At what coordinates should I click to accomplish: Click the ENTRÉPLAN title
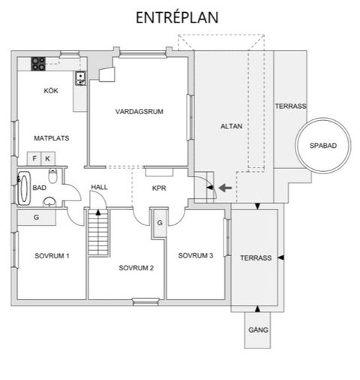[x=177, y=17]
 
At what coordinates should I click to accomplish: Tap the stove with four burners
[x=38, y=64]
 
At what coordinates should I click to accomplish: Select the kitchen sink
[x=80, y=78]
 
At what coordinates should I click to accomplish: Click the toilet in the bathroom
[x=52, y=176]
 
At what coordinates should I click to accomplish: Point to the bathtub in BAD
[x=24, y=188]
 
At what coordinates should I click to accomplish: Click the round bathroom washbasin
[x=49, y=201]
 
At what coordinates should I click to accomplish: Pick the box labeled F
[x=34, y=158]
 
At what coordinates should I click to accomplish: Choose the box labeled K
[x=48, y=158]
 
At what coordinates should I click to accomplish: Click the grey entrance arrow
[x=225, y=188]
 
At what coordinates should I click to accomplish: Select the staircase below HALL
[x=98, y=232]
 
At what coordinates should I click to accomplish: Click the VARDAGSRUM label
[x=139, y=111]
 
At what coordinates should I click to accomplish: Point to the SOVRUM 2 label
[x=136, y=268]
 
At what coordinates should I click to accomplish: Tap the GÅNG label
[x=258, y=330]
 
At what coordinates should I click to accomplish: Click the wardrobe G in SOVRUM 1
[x=37, y=217]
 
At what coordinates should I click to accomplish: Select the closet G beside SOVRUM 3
[x=160, y=222]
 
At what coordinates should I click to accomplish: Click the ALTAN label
[x=231, y=126]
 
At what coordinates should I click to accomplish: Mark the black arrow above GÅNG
[x=257, y=309]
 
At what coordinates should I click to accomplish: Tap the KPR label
[x=159, y=188]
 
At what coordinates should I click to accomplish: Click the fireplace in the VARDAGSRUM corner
[x=107, y=74]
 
